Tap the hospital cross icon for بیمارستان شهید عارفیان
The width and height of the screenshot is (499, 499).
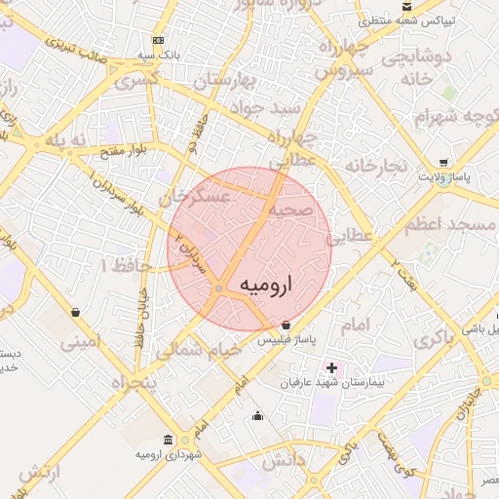(331, 367)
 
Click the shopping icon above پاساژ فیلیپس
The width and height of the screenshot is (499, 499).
(286, 325)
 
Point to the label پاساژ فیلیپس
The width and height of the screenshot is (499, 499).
(285, 341)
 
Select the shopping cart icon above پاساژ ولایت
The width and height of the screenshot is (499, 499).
(442, 163)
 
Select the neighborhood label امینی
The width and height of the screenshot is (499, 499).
(80, 342)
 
